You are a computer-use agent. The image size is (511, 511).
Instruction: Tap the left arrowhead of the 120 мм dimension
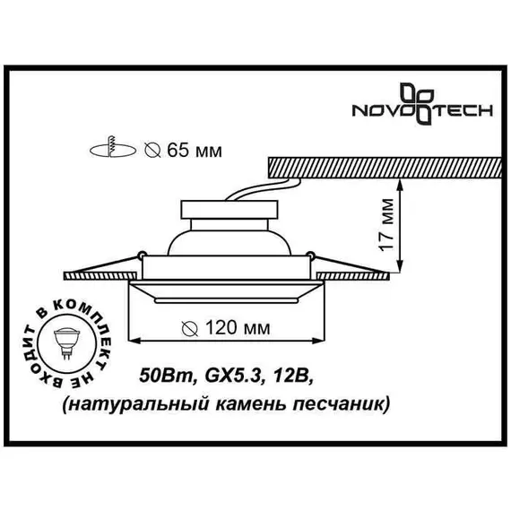[x=136, y=341]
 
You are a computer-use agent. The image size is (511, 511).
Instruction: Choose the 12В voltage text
[x=277, y=373]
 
